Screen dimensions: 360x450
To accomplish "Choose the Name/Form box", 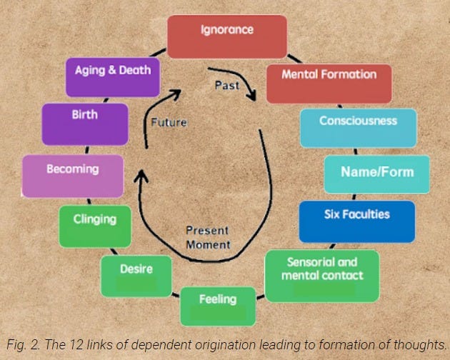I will (x=377, y=173).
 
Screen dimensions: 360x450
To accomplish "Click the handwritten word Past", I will (x=227, y=85).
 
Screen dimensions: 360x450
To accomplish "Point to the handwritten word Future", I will (x=169, y=122).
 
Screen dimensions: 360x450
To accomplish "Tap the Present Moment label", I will (x=208, y=237).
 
